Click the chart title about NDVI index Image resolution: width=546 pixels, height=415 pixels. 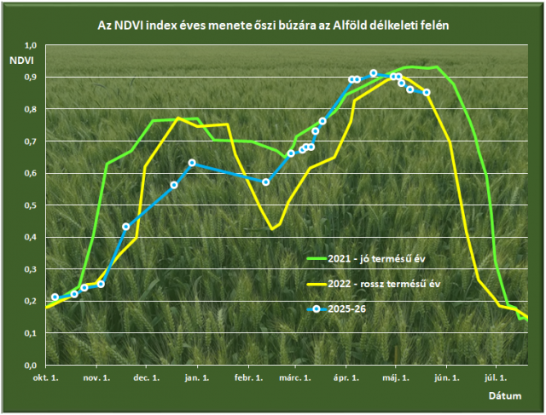[273, 26]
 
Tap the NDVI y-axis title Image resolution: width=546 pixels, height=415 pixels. [21, 61]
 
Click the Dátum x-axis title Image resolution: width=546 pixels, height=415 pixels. [505, 396]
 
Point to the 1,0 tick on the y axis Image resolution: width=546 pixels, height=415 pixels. [31, 45]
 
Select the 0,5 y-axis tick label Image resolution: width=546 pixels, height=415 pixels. [31, 205]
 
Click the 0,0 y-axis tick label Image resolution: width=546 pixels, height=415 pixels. [31, 366]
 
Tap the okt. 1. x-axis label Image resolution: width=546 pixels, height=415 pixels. [45, 378]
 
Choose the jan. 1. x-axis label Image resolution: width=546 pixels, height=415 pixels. [197, 378]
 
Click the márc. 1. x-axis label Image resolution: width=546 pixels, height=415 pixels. [295, 378]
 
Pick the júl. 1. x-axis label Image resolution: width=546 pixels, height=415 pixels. [496, 378]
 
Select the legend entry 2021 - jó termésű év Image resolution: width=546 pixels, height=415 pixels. [366, 259]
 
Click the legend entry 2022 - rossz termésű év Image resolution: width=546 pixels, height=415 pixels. [374, 284]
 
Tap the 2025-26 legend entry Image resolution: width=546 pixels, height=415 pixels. [336, 308]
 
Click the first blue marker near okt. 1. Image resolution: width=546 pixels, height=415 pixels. [55, 297]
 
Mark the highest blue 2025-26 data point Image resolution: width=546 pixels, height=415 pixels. [374, 73]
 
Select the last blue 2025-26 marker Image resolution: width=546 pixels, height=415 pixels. [427, 93]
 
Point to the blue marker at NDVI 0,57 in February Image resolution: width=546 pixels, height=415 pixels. [265, 182]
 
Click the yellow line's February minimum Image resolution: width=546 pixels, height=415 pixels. [272, 229]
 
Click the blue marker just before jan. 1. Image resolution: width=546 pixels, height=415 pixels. [192, 163]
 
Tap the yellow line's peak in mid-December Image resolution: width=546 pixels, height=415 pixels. [178, 118]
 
